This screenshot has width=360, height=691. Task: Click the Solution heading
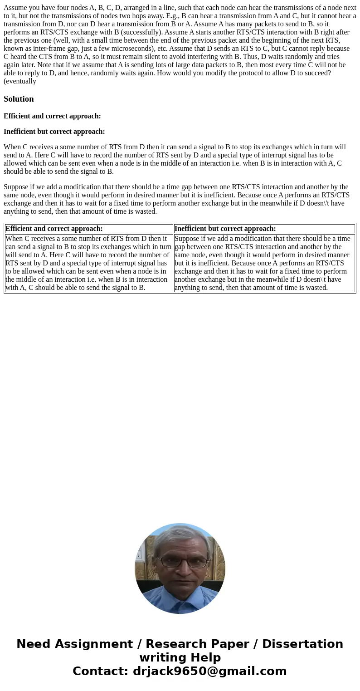pyautogui.click(x=19, y=99)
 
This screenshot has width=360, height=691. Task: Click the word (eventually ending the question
pyautogui.click(x=20, y=81)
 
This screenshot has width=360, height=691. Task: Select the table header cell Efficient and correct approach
pyautogui.click(x=89, y=229)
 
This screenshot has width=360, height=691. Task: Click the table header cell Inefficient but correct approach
pyautogui.click(x=264, y=229)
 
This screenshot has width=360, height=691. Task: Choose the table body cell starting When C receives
pyautogui.click(x=89, y=263)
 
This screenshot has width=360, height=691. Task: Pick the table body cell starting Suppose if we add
pyautogui.click(x=264, y=263)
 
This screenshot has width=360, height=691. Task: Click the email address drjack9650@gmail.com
pyautogui.click(x=209, y=671)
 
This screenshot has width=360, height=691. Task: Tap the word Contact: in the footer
pyautogui.click(x=101, y=671)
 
